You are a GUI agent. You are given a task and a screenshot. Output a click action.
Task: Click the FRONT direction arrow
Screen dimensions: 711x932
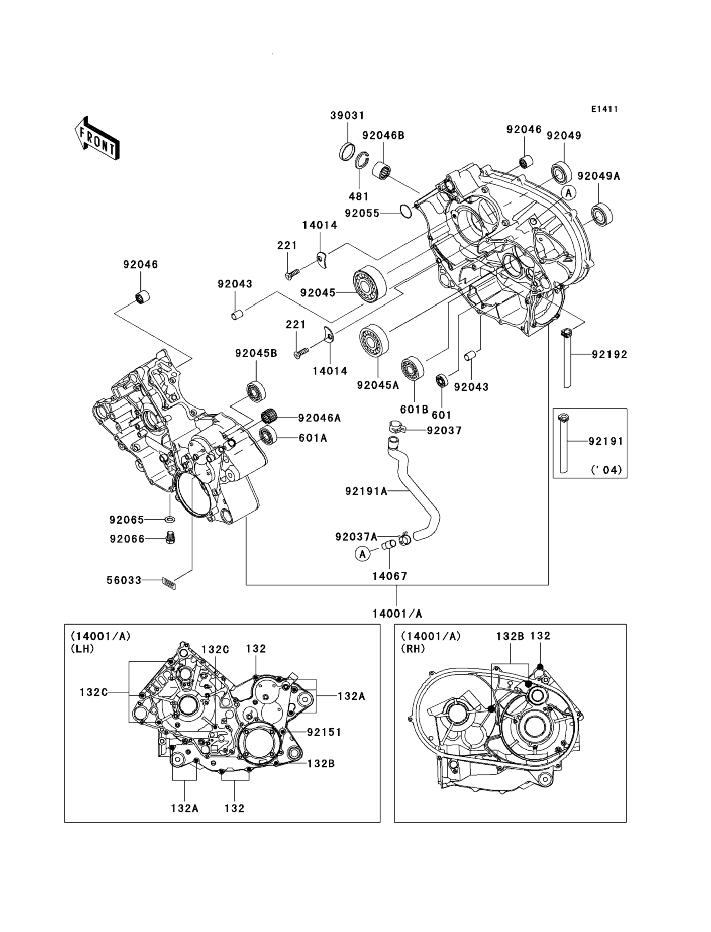coord(97,138)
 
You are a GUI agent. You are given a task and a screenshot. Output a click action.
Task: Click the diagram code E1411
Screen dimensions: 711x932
coord(604,109)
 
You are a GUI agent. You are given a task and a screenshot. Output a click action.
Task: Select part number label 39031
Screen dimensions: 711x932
coord(347,115)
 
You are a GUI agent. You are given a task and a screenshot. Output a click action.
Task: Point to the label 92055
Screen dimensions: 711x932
coord(362,213)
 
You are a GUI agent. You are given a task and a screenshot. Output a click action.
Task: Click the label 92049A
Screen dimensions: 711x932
coord(598,176)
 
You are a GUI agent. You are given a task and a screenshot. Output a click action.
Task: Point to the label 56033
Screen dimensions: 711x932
coord(124,580)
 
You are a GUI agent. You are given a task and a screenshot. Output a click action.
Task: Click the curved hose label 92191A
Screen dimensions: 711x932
coord(367,491)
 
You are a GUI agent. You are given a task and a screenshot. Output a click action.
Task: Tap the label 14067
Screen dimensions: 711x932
coord(389,576)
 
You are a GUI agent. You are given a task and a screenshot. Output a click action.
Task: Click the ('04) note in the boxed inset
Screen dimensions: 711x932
coord(607,470)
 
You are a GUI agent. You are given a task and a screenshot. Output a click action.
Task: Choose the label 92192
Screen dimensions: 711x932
coord(609,354)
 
